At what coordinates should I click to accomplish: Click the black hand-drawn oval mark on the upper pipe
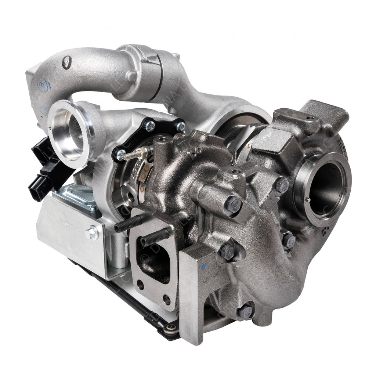(x=66, y=63)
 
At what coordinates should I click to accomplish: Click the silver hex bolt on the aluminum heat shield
(x=92, y=233)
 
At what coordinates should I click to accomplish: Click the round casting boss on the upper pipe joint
(x=131, y=76)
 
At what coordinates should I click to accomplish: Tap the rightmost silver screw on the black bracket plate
(x=180, y=127)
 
